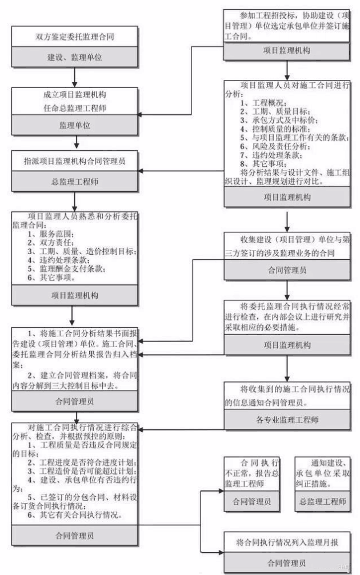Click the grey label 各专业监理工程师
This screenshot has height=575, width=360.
point(286,420)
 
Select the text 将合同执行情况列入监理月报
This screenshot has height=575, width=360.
point(286,541)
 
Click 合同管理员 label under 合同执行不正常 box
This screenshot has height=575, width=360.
point(251,502)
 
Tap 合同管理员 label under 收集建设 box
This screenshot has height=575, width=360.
point(286,270)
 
